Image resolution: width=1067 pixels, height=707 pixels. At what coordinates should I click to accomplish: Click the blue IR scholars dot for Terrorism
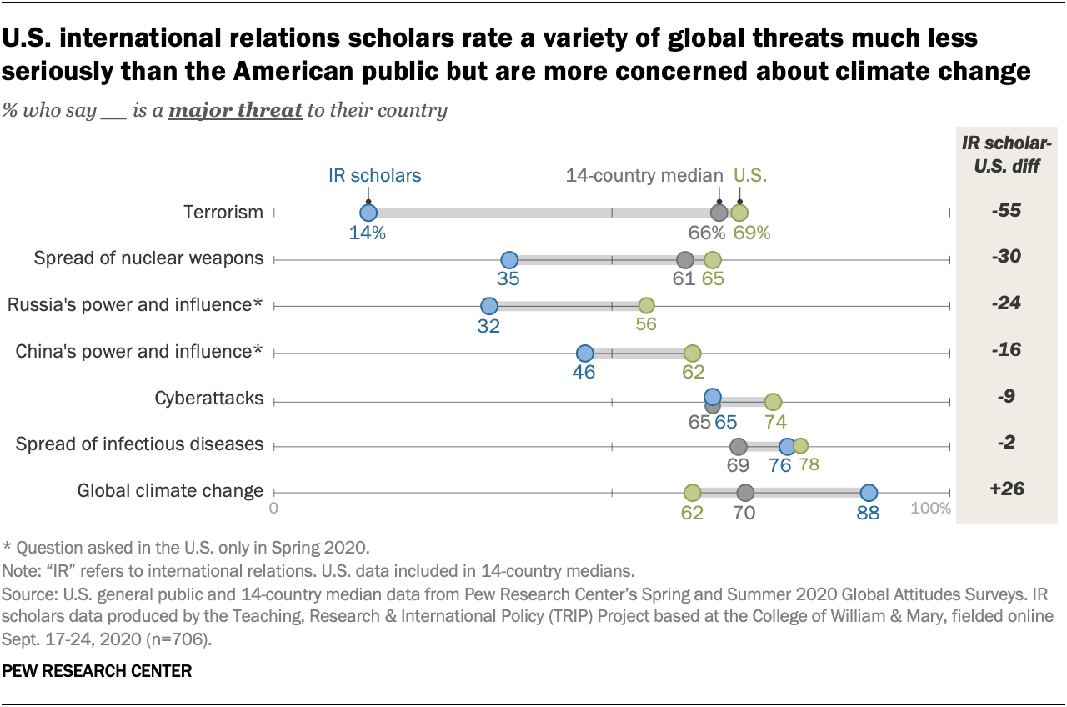(368, 213)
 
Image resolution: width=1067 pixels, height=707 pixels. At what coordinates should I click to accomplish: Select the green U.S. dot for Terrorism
(739, 213)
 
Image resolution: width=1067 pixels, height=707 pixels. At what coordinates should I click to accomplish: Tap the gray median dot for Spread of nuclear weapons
(685, 259)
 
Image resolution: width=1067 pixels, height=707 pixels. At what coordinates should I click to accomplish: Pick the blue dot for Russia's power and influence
(489, 306)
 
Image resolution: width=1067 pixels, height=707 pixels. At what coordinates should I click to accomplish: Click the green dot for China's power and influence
(692, 353)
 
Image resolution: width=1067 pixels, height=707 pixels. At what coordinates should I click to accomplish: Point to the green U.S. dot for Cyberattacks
(773, 399)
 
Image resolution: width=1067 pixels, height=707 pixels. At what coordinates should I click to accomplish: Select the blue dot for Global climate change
(869, 493)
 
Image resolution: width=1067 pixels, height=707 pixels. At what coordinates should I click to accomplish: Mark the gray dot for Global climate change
(746, 493)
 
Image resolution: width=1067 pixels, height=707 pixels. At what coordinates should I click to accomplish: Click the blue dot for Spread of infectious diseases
(787, 446)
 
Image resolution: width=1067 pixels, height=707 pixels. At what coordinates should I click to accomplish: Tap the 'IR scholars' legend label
(373, 176)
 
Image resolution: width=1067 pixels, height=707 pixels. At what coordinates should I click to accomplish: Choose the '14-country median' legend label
(644, 176)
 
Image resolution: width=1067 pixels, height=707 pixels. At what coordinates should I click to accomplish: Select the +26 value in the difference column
(1007, 489)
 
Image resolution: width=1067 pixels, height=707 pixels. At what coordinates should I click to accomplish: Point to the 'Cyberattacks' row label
(208, 399)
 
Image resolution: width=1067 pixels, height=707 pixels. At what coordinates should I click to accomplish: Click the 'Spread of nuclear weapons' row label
(148, 258)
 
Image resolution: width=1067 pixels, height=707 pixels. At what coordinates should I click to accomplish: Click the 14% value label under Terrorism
(368, 233)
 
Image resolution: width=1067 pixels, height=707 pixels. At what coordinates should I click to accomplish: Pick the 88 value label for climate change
(868, 514)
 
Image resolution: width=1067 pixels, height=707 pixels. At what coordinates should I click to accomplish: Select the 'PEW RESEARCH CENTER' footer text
(97, 670)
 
